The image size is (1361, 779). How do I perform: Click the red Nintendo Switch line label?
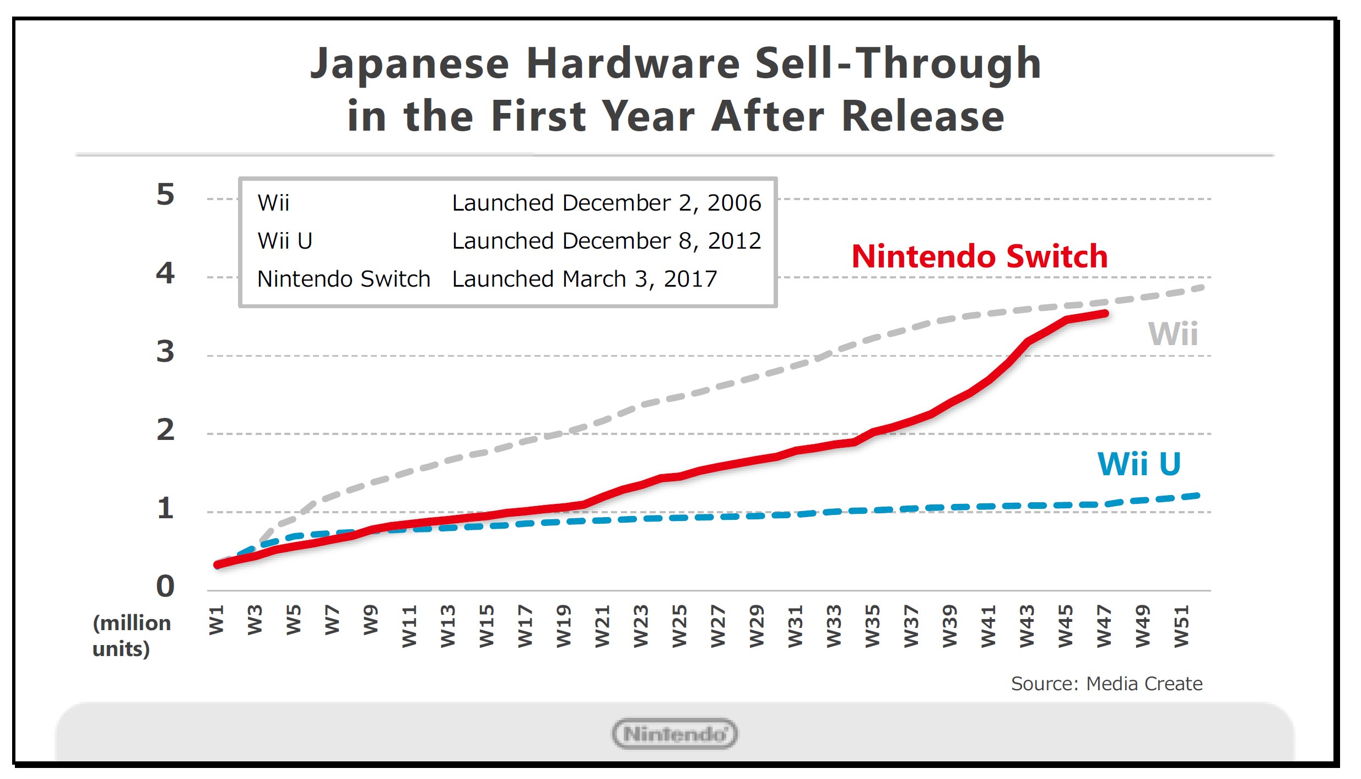pyautogui.click(x=979, y=256)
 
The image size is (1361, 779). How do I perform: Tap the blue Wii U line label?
pyautogui.click(x=1139, y=464)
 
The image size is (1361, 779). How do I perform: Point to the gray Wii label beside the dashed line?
pyautogui.click(x=1173, y=334)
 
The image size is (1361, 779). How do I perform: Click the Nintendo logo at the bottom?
pyautogui.click(x=674, y=734)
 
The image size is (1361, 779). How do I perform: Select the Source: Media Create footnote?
pyautogui.click(x=1106, y=684)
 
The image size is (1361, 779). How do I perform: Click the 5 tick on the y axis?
pyautogui.click(x=165, y=195)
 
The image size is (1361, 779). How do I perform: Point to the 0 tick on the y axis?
pyautogui.click(x=165, y=586)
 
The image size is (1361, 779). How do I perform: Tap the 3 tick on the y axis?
pyautogui.click(x=165, y=351)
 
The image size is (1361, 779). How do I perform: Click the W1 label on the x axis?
pyautogui.click(x=217, y=620)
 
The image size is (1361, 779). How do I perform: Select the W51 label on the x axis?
pyautogui.click(x=1181, y=626)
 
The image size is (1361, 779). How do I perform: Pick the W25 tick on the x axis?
pyautogui.click(x=679, y=626)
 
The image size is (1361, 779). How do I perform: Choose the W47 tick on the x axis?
pyautogui.click(x=1104, y=626)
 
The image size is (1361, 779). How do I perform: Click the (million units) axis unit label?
pyautogui.click(x=131, y=636)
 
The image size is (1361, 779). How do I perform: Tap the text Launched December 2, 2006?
pyautogui.click(x=606, y=203)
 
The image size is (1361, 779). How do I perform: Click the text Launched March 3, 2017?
pyautogui.click(x=584, y=279)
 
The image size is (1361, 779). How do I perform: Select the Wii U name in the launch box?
pyautogui.click(x=285, y=241)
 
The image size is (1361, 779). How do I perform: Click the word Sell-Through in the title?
pyautogui.click(x=898, y=63)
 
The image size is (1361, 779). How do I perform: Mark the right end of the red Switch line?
pyautogui.click(x=1105, y=313)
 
